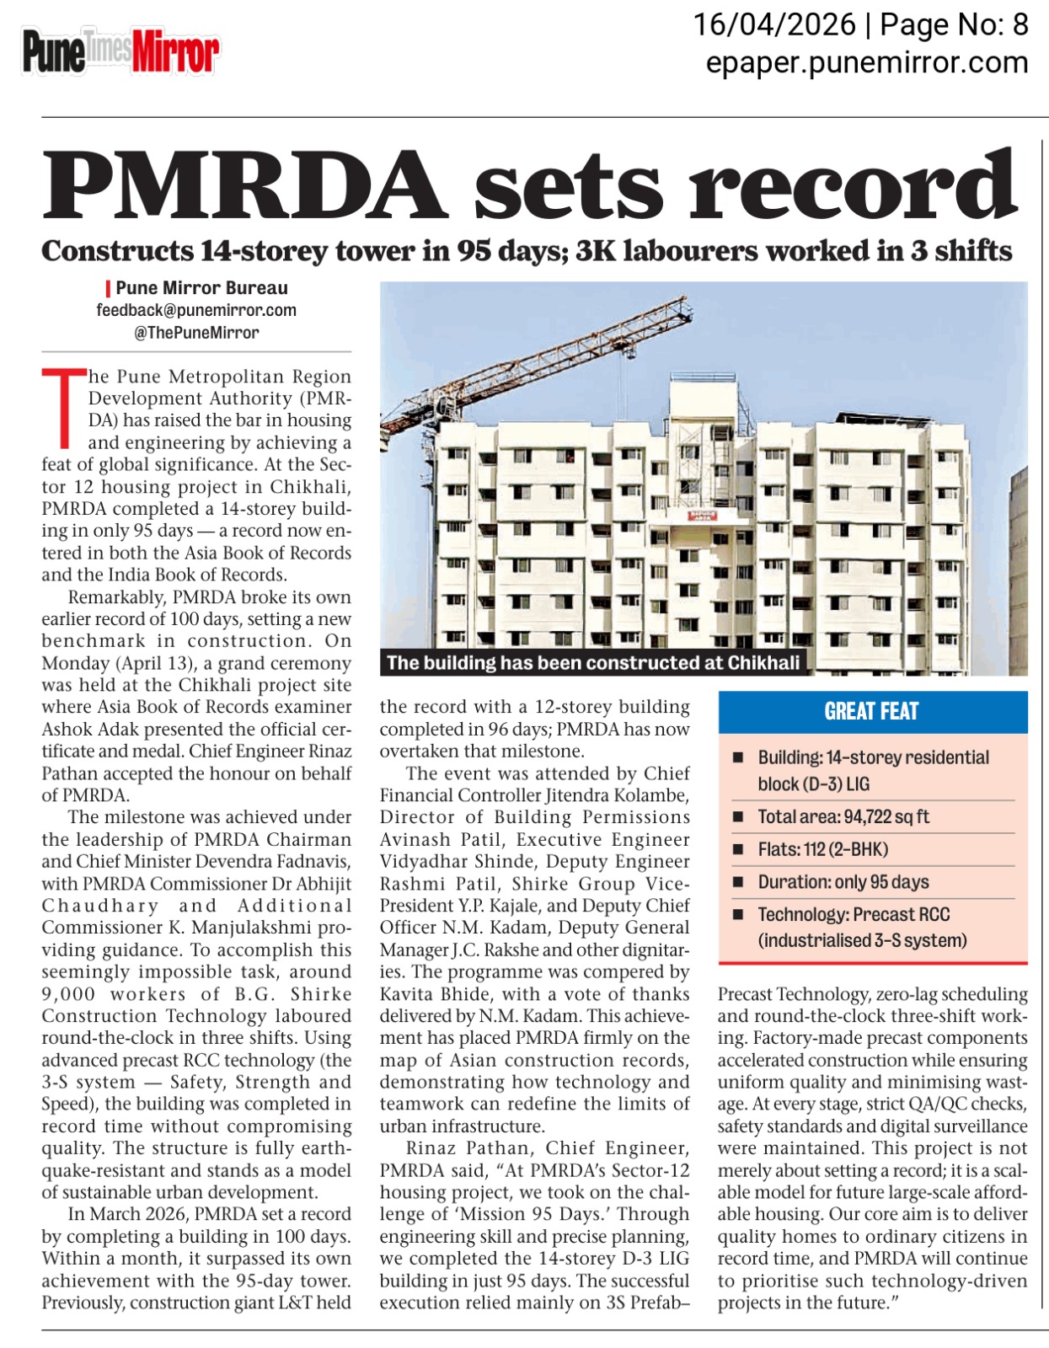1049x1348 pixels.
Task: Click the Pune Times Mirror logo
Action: click(120, 53)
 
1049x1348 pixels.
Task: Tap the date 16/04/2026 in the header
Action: click(773, 25)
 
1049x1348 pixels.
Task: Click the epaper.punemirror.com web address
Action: click(866, 62)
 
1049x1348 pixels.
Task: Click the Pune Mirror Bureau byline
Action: click(201, 288)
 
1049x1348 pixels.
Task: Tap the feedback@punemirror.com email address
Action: click(196, 310)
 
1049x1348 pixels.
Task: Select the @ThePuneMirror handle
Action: click(196, 332)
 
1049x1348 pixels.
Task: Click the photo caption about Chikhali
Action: click(593, 662)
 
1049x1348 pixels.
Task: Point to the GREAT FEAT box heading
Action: click(871, 711)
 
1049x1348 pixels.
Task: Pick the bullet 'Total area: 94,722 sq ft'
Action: click(843, 816)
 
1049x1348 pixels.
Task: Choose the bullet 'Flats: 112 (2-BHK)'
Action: click(822, 849)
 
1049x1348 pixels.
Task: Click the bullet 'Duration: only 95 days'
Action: click(843, 882)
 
